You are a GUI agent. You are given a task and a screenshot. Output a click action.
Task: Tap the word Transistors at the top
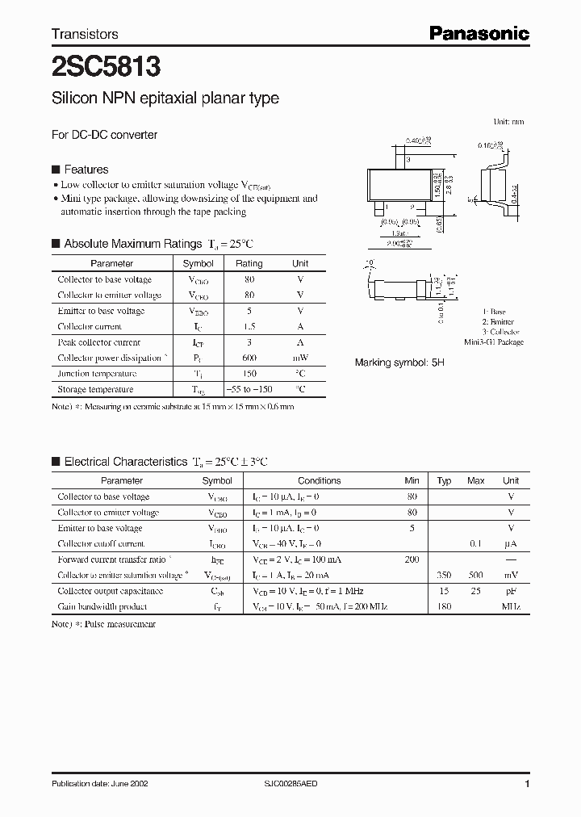pyautogui.click(x=85, y=34)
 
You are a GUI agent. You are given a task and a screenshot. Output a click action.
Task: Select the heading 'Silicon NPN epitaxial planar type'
pyautogui.click(x=165, y=98)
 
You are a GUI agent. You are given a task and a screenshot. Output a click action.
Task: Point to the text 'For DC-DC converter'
pyautogui.click(x=104, y=135)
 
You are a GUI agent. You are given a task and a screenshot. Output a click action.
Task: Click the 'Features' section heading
pyautogui.click(x=86, y=170)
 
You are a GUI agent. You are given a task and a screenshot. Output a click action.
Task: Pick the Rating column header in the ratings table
pyautogui.click(x=249, y=263)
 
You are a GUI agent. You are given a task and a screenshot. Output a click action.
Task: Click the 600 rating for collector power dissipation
pyautogui.click(x=249, y=358)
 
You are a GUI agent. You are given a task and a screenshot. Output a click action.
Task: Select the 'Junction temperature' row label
pyautogui.click(x=98, y=374)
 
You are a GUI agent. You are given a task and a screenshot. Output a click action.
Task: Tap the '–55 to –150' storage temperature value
pyautogui.click(x=249, y=389)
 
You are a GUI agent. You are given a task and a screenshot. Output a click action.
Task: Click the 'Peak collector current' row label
pyautogui.click(x=98, y=342)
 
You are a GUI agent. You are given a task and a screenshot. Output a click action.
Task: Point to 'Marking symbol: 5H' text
pyautogui.click(x=399, y=363)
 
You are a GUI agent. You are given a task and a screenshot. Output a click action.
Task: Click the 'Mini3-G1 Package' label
pyautogui.click(x=494, y=341)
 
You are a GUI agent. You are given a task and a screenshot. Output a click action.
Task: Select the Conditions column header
pyautogui.click(x=319, y=480)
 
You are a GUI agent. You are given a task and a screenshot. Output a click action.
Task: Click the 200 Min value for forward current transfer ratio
pyautogui.click(x=412, y=559)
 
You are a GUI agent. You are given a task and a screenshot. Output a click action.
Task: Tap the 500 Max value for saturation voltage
pyautogui.click(x=475, y=575)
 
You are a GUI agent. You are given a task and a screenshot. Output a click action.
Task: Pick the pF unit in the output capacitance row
pyautogui.click(x=511, y=590)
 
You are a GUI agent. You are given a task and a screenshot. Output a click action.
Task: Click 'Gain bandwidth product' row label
pyautogui.click(x=102, y=606)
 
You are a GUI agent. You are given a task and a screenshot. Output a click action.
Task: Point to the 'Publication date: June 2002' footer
pyautogui.click(x=99, y=784)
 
